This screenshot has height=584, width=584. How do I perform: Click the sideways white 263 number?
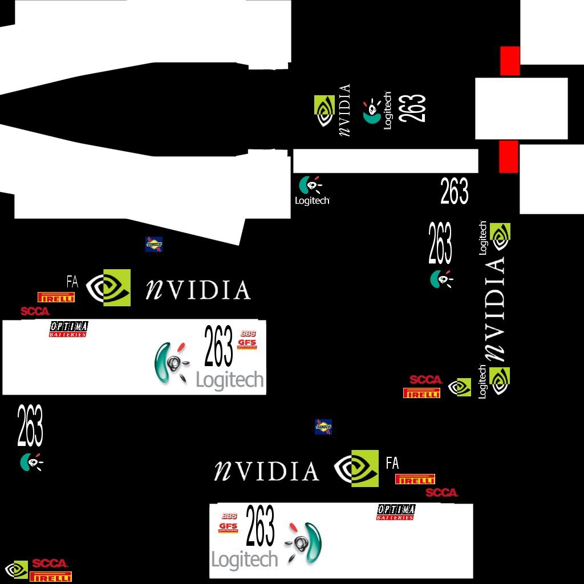point(412,108)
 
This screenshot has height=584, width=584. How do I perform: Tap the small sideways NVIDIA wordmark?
point(344,110)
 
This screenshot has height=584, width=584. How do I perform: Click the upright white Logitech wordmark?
point(312,201)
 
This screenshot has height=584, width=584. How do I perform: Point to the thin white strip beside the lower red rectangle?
point(385,161)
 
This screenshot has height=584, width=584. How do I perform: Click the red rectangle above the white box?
point(510,60)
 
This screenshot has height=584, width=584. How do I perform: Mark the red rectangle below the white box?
point(508,156)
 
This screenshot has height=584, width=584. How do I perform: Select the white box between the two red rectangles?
point(521,108)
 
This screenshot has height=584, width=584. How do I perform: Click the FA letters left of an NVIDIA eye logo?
point(72,281)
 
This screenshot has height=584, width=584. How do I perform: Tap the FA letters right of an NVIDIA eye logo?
point(392,463)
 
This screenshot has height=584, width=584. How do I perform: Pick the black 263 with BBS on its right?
point(218,346)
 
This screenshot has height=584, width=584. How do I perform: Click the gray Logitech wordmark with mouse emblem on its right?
point(244,559)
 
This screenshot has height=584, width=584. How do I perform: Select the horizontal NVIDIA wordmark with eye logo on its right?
point(266,471)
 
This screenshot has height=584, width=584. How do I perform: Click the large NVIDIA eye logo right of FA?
point(109,287)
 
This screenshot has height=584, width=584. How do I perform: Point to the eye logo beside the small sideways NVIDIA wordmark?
point(325,111)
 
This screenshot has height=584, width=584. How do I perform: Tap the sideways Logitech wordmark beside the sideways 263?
point(388,111)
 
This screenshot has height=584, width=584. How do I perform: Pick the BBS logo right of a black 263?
point(248,333)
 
